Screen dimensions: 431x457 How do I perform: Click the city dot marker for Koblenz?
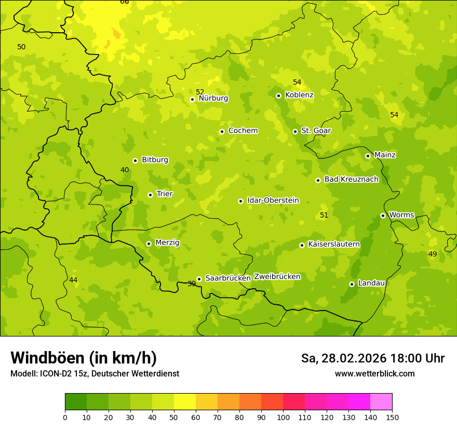click(x=278, y=96)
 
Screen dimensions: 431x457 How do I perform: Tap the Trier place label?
click(x=165, y=194)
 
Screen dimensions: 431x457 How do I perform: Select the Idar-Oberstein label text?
click(x=273, y=200)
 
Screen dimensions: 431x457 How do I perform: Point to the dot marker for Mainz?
click(x=368, y=156)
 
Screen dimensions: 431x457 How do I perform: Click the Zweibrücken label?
click(x=277, y=276)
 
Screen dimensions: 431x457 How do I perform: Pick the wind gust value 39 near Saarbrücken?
click(x=192, y=284)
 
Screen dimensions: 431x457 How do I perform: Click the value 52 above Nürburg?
click(x=200, y=92)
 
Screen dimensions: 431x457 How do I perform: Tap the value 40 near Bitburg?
click(x=125, y=170)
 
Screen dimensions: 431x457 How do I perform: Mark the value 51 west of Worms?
click(x=324, y=215)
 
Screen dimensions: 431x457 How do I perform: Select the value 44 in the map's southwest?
click(x=73, y=280)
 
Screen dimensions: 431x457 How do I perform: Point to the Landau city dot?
click(x=352, y=284)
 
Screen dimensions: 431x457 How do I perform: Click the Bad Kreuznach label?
click(x=351, y=179)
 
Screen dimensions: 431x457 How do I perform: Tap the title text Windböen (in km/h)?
click(x=84, y=358)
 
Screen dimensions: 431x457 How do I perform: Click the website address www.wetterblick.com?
click(x=374, y=374)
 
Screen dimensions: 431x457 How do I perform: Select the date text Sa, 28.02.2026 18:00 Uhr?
click(x=373, y=358)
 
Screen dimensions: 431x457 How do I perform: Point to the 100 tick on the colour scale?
click(x=283, y=417)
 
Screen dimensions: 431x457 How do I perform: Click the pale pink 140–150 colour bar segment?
click(x=381, y=402)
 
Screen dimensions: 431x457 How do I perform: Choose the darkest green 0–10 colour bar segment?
click(x=76, y=402)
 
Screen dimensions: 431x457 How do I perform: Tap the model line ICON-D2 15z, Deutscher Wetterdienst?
click(x=95, y=374)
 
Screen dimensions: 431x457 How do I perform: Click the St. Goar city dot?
click(x=295, y=131)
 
